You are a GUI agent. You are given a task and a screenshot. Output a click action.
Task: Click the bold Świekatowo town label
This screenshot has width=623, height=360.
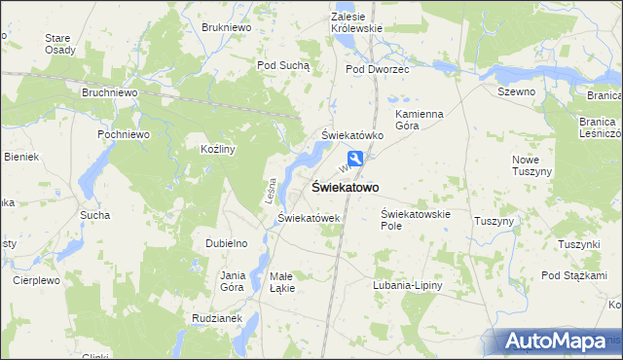coord(345,187)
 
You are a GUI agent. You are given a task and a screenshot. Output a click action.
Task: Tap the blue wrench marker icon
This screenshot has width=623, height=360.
coord(357,160)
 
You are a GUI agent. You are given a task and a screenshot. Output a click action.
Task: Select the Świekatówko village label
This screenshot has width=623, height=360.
coord(353,135)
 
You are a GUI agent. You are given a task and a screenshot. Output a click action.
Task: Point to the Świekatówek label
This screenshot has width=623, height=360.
coord(309,218)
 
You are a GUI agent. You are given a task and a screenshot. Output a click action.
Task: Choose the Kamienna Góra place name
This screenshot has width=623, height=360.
coord(420,121)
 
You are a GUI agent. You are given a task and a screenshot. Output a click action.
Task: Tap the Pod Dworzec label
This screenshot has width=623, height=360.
coord(378,70)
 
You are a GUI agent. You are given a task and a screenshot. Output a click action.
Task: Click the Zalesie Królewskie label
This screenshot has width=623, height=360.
coord(356,23)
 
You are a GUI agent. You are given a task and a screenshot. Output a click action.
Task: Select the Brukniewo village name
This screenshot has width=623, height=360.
coord(227,28)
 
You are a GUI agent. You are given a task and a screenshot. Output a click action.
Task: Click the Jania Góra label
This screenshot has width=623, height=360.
coord(233,281)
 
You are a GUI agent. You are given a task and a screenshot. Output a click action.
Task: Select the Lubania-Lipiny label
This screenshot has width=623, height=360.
coord(407,285)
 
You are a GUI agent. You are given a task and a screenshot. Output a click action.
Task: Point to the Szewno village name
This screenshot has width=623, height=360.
coord(516,90)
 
